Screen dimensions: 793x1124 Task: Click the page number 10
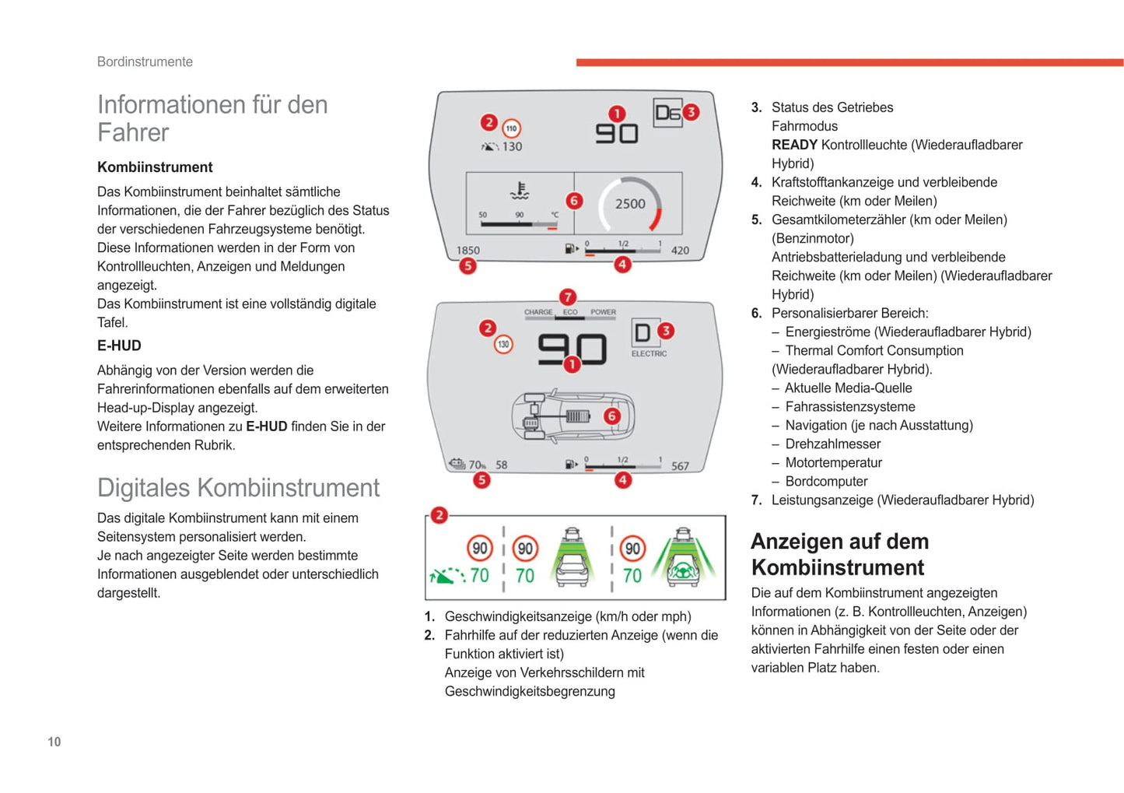pos(54,742)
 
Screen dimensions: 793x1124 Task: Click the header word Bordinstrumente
pos(145,61)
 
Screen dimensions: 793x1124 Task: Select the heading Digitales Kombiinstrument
pos(238,487)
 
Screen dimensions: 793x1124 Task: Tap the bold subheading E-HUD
pos(119,346)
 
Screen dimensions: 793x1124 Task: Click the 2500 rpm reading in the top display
pos(630,204)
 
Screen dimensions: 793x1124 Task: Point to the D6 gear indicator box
pos(667,114)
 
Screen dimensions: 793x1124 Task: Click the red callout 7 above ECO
pos(568,296)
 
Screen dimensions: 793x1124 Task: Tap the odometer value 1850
pos(467,251)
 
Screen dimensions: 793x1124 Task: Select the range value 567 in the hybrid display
pos(680,466)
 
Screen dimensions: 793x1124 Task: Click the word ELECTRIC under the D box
pos(649,354)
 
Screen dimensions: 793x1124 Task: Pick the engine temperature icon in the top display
pos(520,190)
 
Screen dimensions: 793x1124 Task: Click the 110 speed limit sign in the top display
pos(511,128)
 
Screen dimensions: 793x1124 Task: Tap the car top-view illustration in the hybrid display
pos(573,416)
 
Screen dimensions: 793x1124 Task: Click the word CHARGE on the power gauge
pos(538,312)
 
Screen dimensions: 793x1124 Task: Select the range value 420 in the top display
pos(680,251)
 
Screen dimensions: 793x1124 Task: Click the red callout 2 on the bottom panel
pos(439,514)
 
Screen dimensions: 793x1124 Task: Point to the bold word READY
pos(794,145)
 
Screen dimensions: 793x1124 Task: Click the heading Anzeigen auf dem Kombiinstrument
pos(839,554)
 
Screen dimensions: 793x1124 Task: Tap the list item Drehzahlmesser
pos(832,444)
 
